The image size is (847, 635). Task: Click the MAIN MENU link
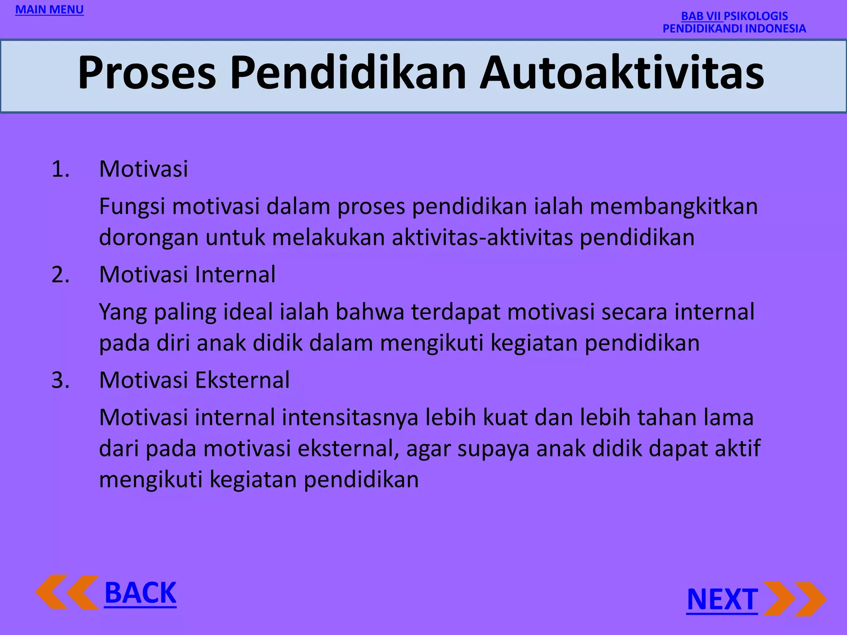click(49, 10)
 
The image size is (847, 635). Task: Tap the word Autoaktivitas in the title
click(622, 73)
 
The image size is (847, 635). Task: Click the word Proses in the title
click(147, 73)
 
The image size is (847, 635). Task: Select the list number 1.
click(60, 169)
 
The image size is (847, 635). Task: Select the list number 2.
click(60, 275)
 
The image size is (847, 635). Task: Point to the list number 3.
click(60, 380)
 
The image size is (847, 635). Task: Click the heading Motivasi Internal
click(187, 275)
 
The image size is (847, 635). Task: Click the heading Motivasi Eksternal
click(194, 380)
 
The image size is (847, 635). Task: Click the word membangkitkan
click(673, 206)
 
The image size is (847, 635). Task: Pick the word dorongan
click(148, 238)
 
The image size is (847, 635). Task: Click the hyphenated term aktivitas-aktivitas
click(482, 238)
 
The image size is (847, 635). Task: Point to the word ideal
click(248, 312)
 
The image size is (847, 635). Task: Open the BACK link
click(140, 593)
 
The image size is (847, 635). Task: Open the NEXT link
click(722, 599)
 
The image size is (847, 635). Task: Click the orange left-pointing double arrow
click(67, 592)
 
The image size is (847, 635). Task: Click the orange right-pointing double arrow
click(794, 599)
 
